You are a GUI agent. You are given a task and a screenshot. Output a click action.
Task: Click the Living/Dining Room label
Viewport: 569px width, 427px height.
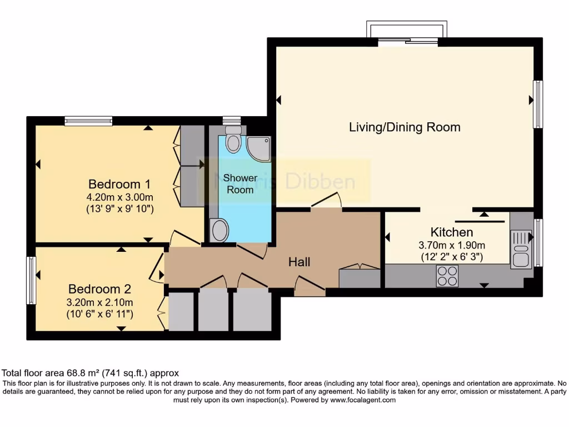click(x=405, y=127)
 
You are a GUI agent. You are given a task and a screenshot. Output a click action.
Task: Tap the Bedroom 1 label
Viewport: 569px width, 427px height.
click(x=119, y=184)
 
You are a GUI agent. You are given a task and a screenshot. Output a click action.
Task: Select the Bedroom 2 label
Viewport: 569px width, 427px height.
click(x=99, y=289)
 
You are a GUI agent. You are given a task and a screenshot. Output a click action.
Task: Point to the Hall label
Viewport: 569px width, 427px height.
click(x=299, y=262)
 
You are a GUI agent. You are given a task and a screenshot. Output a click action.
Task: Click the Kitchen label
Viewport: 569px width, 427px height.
click(x=452, y=232)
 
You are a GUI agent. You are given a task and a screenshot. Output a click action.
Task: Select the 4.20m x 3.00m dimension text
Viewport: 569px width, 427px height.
click(x=119, y=197)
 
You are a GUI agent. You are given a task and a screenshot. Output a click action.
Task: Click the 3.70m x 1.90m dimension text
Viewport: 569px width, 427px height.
click(x=452, y=245)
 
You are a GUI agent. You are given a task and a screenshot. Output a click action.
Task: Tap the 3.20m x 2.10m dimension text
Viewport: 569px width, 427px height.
click(x=100, y=302)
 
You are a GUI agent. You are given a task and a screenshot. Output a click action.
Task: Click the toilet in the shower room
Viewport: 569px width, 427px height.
click(x=234, y=138)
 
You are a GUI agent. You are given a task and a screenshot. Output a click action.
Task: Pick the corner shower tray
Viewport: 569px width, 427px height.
click(x=258, y=148)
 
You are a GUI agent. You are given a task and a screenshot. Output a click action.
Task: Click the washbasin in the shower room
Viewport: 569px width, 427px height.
click(x=219, y=230)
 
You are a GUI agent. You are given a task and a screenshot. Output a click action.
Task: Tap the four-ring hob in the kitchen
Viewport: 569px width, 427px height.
click(x=447, y=276)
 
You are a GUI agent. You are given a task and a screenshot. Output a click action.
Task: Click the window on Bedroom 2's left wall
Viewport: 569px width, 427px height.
click(x=31, y=280)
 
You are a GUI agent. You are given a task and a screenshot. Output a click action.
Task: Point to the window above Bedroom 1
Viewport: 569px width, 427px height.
click(x=88, y=121)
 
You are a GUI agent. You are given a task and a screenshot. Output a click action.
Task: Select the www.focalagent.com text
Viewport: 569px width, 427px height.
click(x=363, y=400)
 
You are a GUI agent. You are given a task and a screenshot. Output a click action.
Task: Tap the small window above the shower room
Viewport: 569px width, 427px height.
click(x=231, y=120)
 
